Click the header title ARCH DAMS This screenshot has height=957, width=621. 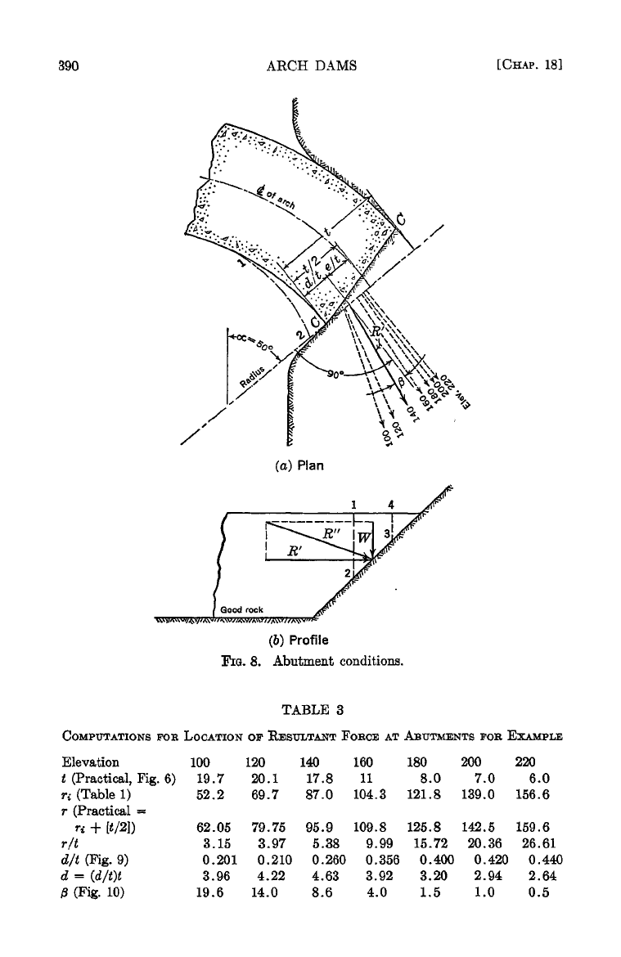(313, 66)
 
